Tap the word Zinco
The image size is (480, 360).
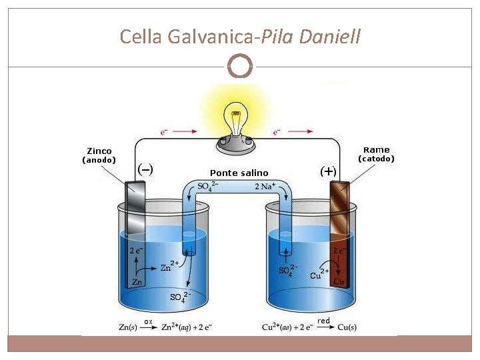coord(99,151)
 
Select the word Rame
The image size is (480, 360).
coord(377,150)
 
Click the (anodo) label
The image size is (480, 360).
coord(99,160)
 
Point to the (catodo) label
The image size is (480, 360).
coord(377,159)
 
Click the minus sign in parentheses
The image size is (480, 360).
coord(145,169)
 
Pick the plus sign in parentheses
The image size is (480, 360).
coord(328,171)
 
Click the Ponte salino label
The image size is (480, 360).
coord(239,173)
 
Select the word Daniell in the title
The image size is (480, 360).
coord(330,36)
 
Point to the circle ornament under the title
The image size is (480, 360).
coord(239,66)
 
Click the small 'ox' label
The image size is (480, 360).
coord(148,321)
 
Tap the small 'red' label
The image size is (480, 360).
coord(324,321)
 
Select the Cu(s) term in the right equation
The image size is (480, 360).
coord(347,327)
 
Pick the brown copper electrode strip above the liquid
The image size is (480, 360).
coord(339,200)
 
